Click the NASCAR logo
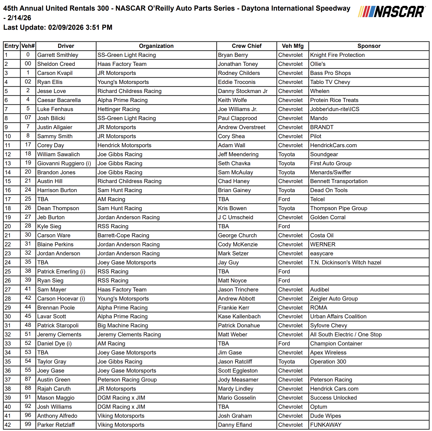(x=392, y=12)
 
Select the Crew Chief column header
(x=247, y=46)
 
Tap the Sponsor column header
(x=369, y=46)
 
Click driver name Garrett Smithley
(x=58, y=55)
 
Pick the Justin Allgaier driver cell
(x=55, y=127)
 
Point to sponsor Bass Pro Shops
(x=330, y=73)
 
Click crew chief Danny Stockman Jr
(x=243, y=91)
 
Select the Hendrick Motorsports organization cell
(x=124, y=145)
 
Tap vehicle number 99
(x=28, y=424)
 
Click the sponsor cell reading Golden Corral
(x=328, y=217)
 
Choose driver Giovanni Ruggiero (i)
(x=64, y=163)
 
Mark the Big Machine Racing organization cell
(x=123, y=326)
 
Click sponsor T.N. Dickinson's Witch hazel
(x=346, y=263)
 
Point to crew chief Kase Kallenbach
(x=239, y=316)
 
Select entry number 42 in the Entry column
(x=8, y=425)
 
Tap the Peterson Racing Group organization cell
(x=127, y=380)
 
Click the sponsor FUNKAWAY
(x=326, y=425)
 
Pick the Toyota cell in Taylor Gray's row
(x=286, y=362)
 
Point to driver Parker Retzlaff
(x=56, y=425)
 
